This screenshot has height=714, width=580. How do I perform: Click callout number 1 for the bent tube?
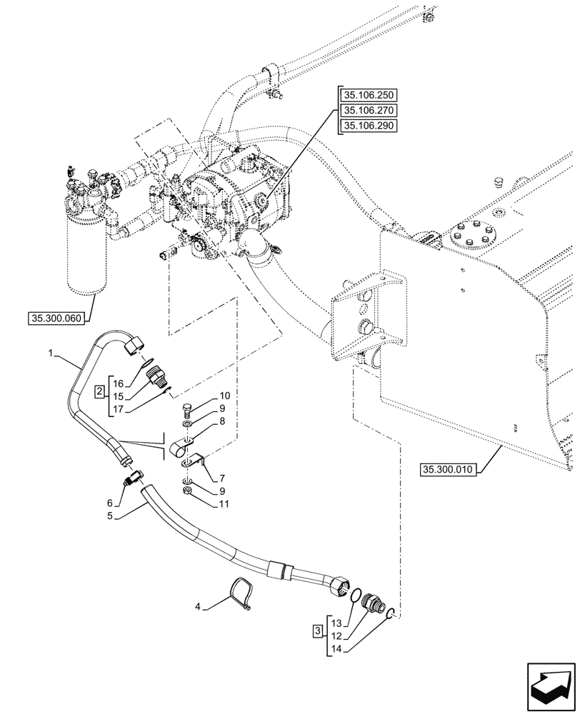click(x=51, y=353)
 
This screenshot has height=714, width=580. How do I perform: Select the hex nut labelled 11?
click(x=186, y=492)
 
